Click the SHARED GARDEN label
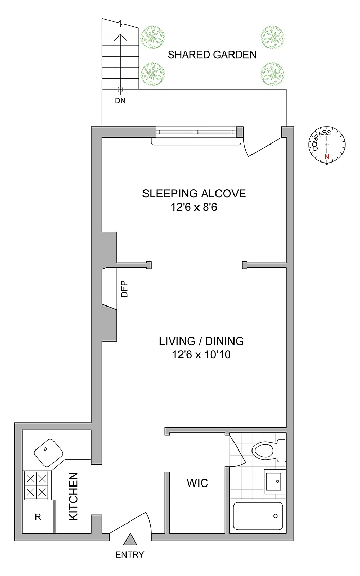coord(212,55)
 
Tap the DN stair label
coord(120,100)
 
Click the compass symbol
coord(327,145)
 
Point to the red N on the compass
coord(326,157)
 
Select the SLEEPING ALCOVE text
coord(194,193)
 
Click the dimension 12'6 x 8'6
coord(194,207)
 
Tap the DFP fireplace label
coord(124,289)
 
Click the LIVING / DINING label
coord(201,341)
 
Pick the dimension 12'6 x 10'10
coord(201,354)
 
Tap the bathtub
coord(258,516)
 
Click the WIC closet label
coord(197,483)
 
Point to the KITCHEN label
coord(74,496)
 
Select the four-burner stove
coord(36,485)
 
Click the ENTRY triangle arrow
coord(130,539)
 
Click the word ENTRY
coord(130,555)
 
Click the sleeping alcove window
coord(196,132)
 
